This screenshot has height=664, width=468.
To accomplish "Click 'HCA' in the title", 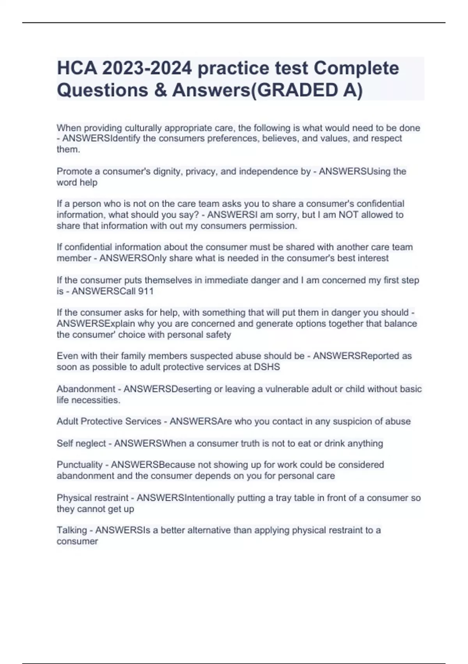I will point(76,68).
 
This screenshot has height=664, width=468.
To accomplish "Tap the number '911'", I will point(145,291).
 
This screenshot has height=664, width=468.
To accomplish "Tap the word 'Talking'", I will point(72,530).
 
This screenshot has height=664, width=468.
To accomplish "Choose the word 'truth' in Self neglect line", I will point(250,443).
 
